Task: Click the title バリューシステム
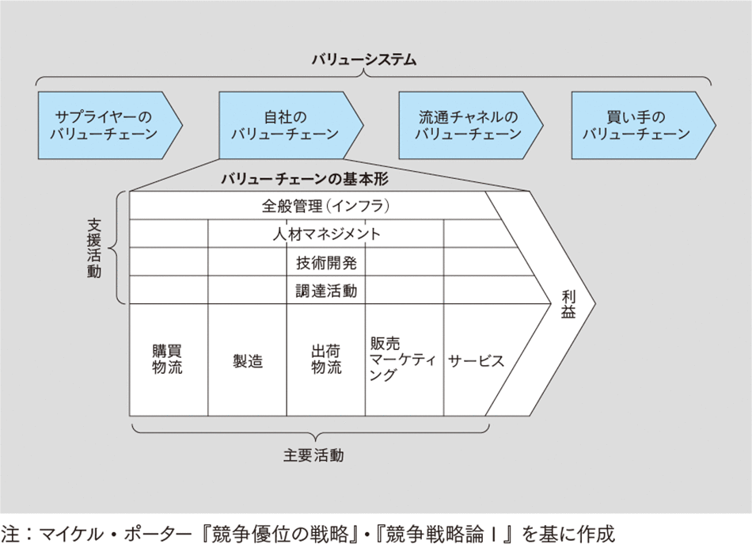(363, 60)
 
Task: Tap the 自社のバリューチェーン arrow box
(285, 125)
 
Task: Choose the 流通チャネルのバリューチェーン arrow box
(468, 125)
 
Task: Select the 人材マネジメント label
(326, 234)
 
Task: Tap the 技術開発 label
(326, 262)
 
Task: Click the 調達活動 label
(326, 291)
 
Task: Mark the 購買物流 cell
(168, 359)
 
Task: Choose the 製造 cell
(247, 361)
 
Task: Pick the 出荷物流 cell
(325, 359)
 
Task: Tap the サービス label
(475, 360)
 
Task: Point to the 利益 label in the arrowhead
(569, 303)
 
